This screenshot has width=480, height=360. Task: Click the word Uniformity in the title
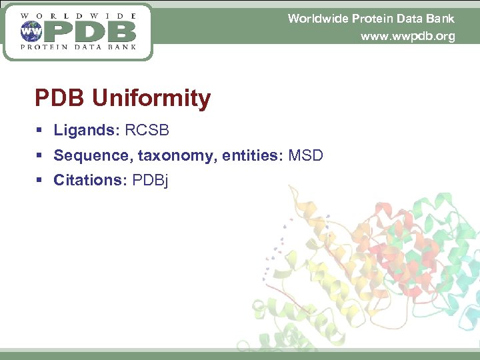(151, 99)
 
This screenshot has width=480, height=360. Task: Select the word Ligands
(85, 131)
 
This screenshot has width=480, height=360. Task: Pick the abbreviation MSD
(306, 156)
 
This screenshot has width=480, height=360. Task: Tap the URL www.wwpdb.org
(407, 36)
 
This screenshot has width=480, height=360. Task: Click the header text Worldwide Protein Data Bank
(371, 19)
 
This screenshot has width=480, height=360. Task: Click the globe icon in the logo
(31, 31)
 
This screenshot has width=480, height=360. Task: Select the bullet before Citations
(39, 181)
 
